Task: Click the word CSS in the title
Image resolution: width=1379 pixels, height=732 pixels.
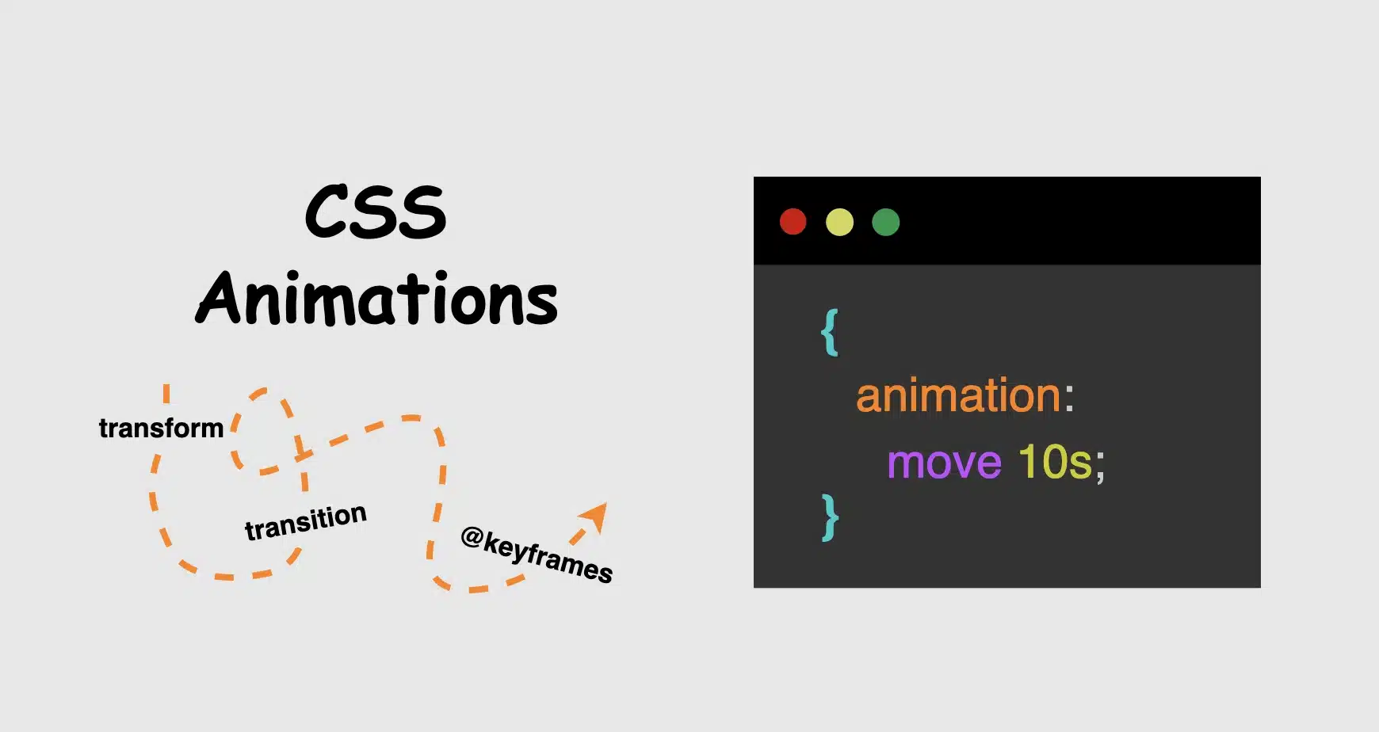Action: click(x=376, y=212)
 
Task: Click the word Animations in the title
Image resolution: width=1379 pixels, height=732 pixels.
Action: click(x=377, y=300)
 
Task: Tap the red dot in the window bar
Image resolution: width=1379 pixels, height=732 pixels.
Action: click(x=793, y=222)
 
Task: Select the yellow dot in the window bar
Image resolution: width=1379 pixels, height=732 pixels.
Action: click(x=839, y=222)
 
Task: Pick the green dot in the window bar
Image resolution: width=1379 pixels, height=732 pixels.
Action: click(x=885, y=222)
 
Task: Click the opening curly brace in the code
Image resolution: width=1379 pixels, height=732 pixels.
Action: click(x=830, y=333)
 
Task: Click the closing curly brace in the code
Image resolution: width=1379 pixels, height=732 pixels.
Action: click(x=830, y=517)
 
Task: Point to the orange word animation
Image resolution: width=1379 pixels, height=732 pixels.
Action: click(x=957, y=395)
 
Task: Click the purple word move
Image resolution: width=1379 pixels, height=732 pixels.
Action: click(x=944, y=463)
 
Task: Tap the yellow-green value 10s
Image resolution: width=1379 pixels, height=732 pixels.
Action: click(x=1054, y=462)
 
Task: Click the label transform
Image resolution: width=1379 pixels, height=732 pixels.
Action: click(x=161, y=429)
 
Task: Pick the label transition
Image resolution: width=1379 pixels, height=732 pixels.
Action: click(x=305, y=522)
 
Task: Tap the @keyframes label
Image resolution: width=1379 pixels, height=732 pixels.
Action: click(x=537, y=555)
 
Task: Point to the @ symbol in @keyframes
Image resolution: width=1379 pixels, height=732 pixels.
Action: click(x=472, y=537)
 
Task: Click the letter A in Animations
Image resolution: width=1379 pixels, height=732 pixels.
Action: click(x=218, y=299)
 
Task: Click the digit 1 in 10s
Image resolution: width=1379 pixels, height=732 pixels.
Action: click(x=1028, y=462)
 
